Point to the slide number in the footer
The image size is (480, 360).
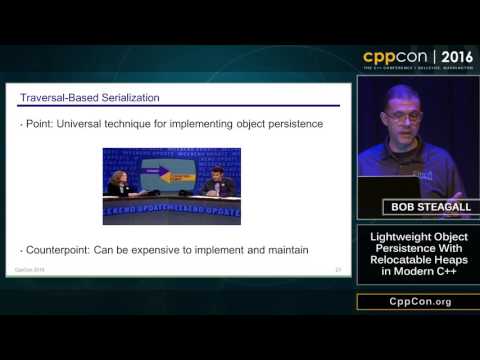(339, 270)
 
